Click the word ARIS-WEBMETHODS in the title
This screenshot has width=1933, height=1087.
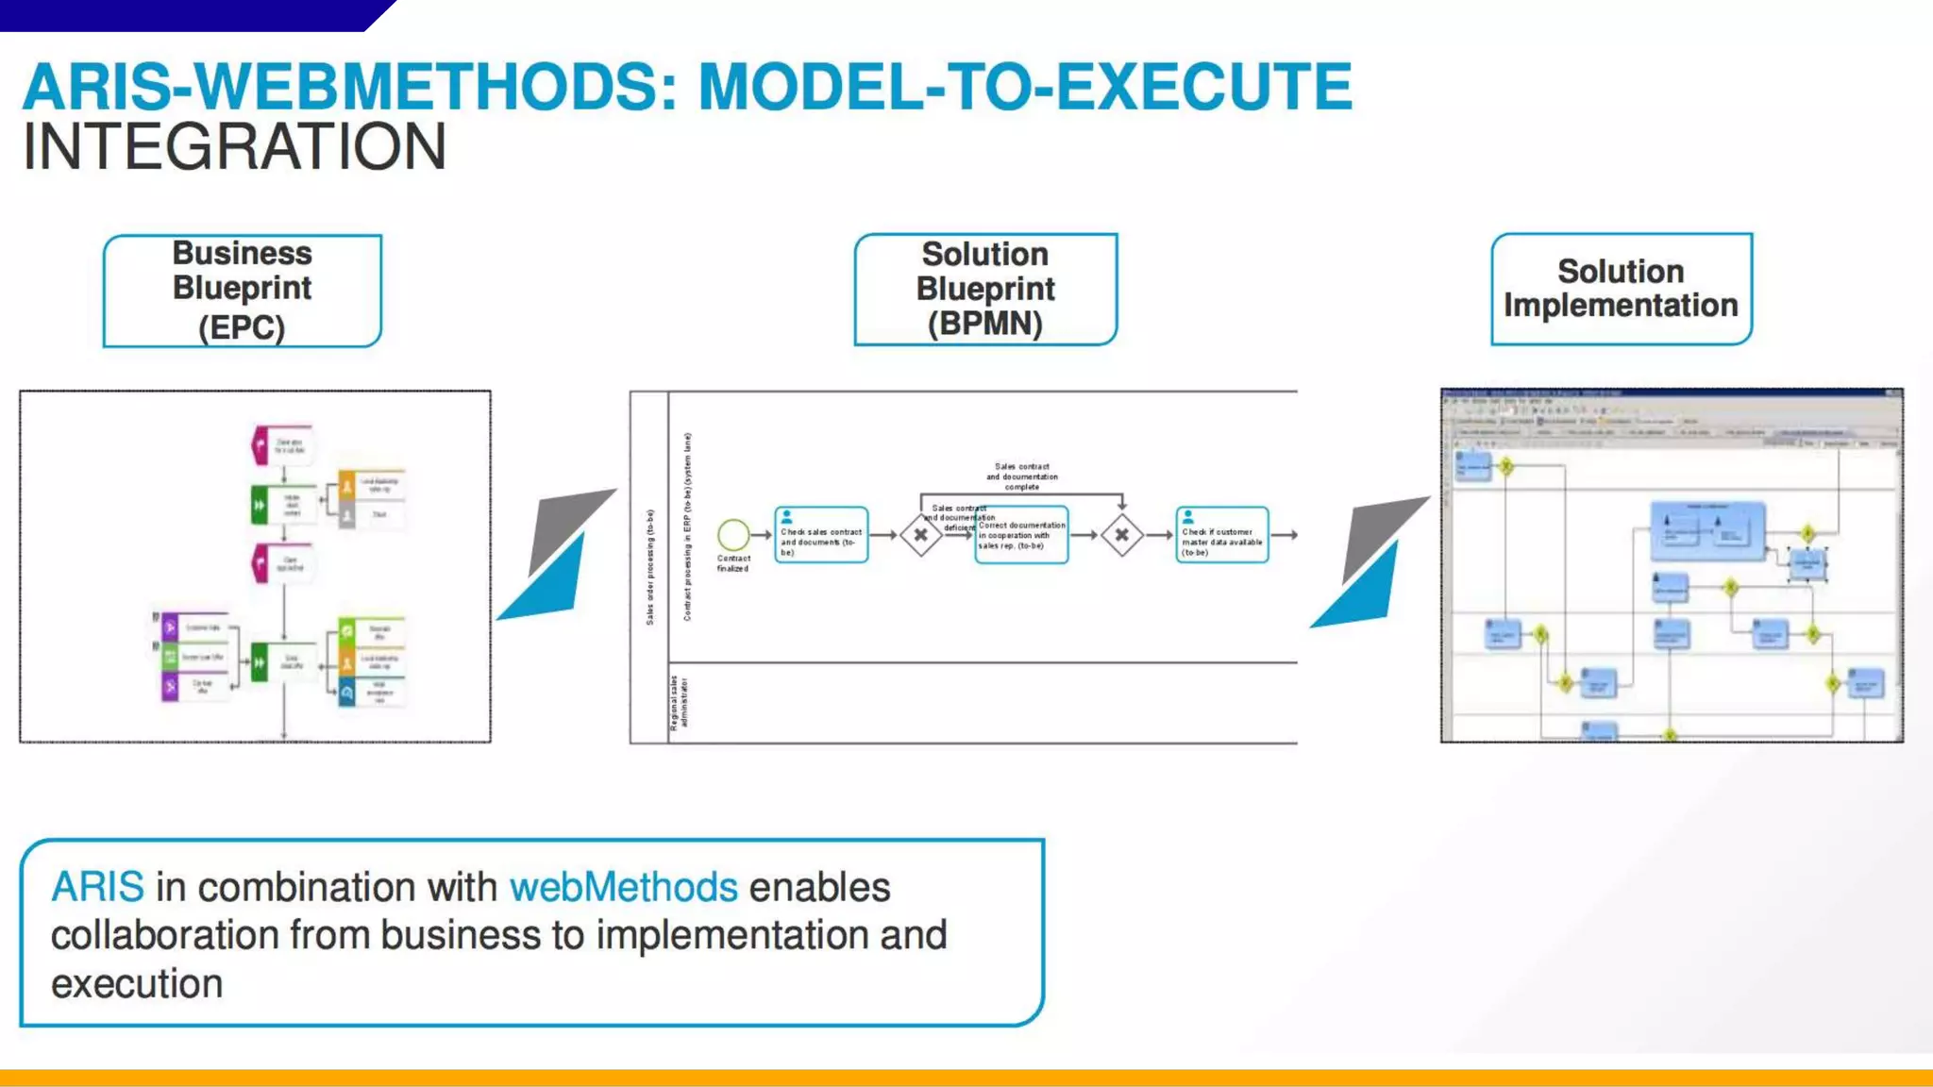click(349, 87)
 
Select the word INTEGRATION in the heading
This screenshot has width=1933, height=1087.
click(234, 148)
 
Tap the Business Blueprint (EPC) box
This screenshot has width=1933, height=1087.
click(243, 291)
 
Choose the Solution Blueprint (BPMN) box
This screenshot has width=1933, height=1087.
click(985, 290)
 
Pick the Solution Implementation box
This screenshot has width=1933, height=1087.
click(1621, 289)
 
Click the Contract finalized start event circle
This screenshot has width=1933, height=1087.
click(733, 535)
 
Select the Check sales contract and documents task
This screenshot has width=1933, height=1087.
click(821, 535)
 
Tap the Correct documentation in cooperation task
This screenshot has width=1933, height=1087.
click(1022, 536)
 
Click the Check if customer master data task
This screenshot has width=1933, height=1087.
click(1222, 535)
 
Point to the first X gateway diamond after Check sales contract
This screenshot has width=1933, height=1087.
click(920, 535)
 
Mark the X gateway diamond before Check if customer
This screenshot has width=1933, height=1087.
click(1121, 535)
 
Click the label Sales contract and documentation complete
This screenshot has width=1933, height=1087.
click(1021, 477)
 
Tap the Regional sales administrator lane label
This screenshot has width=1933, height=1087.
click(679, 703)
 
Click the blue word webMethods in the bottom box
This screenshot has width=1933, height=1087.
click(623, 887)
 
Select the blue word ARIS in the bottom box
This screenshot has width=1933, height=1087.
click(97, 887)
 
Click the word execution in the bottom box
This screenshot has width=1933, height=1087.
click(137, 984)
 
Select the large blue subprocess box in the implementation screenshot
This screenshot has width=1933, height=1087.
click(1707, 530)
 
